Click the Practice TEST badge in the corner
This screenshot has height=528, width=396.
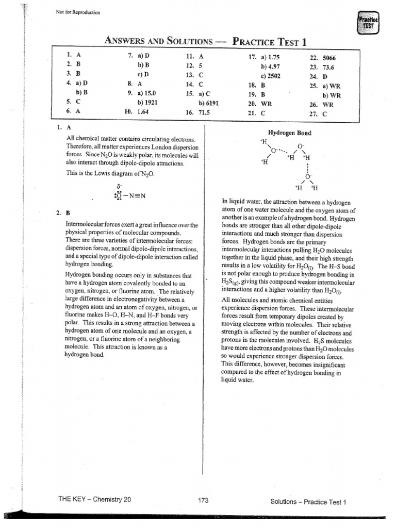click(368, 23)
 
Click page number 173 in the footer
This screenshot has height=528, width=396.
click(203, 500)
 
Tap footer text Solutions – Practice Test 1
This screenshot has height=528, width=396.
click(308, 501)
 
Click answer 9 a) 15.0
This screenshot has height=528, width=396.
click(146, 94)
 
